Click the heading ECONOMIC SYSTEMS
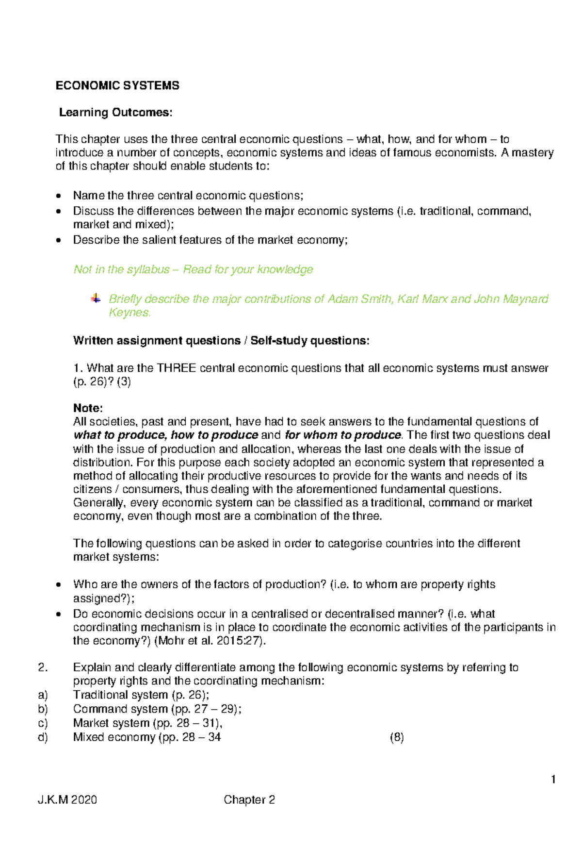117,86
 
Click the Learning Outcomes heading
115,113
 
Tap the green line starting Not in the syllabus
193,269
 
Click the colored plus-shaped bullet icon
96,299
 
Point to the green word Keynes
129,313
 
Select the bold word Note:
88,408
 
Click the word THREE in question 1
177,368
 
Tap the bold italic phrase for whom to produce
343,435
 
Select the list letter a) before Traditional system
43,695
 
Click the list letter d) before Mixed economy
43,737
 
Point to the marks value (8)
397,737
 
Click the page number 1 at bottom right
553,780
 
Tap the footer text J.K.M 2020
67,800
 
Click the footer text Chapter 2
249,800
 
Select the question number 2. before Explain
43,667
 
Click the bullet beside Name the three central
59,197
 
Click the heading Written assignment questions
157,341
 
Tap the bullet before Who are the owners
59,585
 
